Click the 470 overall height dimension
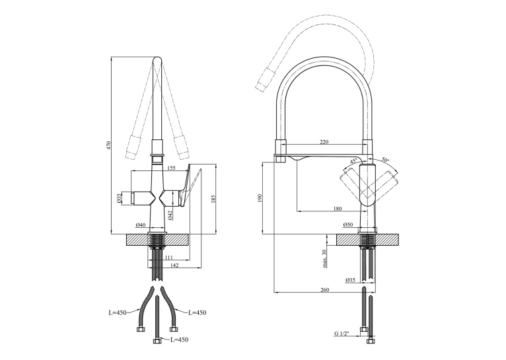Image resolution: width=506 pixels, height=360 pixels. click(x=109, y=145)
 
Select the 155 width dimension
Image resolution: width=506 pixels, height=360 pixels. click(x=171, y=168)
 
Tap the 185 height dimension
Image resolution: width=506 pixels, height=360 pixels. click(x=213, y=199)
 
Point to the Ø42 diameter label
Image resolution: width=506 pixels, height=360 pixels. click(x=170, y=215)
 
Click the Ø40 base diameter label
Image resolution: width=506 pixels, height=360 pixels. click(x=141, y=225)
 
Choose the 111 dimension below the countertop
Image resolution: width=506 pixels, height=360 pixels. click(x=168, y=258)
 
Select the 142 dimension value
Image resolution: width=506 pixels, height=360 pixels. click(x=174, y=266)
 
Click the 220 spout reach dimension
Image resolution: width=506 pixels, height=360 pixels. click(x=324, y=142)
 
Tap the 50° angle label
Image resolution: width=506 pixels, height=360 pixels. click(x=385, y=160)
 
